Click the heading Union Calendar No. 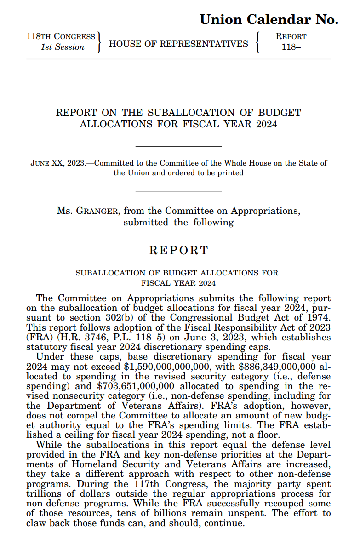point(269,19)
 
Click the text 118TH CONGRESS point(61,36)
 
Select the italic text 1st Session point(63,47)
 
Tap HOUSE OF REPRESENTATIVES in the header point(178,44)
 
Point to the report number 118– point(291,47)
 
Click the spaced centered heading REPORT point(179,251)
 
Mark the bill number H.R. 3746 point(70,337)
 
